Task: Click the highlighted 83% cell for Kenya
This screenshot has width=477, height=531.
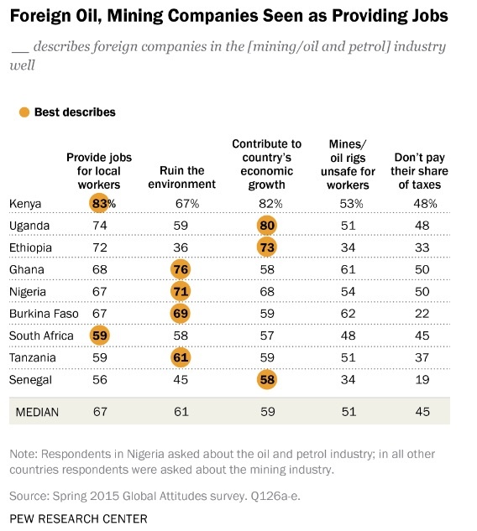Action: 99,204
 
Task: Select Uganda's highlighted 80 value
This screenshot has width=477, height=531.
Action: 267,226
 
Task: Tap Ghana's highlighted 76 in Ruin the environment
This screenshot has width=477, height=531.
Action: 181,269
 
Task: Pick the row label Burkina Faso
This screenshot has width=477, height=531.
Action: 44,314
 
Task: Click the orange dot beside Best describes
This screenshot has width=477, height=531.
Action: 24,112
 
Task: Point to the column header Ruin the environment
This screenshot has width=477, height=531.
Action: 181,177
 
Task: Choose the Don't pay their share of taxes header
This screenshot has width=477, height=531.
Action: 419,171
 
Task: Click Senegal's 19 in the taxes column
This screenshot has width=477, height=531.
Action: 422,380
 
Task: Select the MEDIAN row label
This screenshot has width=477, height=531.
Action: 37,412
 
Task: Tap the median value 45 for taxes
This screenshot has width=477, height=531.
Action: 422,412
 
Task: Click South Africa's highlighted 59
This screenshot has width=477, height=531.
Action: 100,336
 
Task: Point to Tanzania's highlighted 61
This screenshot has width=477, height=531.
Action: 181,357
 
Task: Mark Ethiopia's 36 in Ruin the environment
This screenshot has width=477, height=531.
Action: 181,247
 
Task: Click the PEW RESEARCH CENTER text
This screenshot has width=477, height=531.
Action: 78,518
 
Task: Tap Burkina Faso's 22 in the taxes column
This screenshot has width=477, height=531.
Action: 422,314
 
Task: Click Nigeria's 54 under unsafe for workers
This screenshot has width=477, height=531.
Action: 349,292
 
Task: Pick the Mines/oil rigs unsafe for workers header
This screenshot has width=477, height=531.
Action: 349,164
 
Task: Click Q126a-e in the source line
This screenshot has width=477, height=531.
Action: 275,496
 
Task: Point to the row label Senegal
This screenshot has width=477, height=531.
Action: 30,380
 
